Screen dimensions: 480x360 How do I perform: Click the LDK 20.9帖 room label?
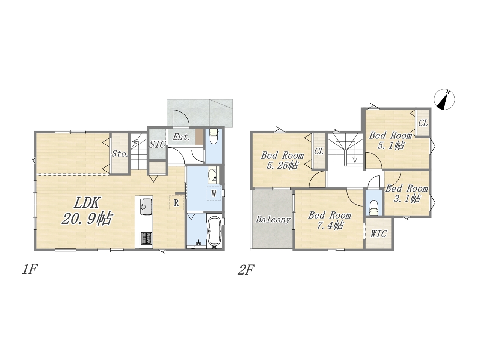pyautogui.click(x=87, y=211)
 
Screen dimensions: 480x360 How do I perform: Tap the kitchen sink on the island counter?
pyautogui.click(x=147, y=207)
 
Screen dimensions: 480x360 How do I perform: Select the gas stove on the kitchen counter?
pyautogui.click(x=147, y=238)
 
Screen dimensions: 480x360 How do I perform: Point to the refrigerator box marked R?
pyautogui.click(x=176, y=203)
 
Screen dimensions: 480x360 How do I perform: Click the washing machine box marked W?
pyautogui.click(x=214, y=193)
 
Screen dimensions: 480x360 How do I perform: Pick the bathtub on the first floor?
pyautogui.click(x=214, y=232)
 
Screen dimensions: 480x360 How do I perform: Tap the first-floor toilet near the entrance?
pyautogui.click(x=214, y=136)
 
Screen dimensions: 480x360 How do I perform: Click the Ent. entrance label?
pyautogui.click(x=181, y=137)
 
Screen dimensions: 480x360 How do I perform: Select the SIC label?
pyautogui.click(x=157, y=144)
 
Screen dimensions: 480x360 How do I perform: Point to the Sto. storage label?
pyautogui.click(x=120, y=154)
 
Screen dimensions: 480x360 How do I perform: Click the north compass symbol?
pyautogui.click(x=444, y=99)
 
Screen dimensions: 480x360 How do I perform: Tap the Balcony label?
pyautogui.click(x=273, y=220)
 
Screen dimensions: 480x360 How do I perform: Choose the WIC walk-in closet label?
pyautogui.click(x=379, y=234)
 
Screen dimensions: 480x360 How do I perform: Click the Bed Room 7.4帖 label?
pyautogui.click(x=330, y=220)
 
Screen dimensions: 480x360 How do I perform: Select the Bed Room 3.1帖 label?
pyautogui.click(x=406, y=193)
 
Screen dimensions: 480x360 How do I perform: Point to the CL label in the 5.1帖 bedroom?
pyautogui.click(x=423, y=123)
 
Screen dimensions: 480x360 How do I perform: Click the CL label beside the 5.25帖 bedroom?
pyautogui.click(x=319, y=151)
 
